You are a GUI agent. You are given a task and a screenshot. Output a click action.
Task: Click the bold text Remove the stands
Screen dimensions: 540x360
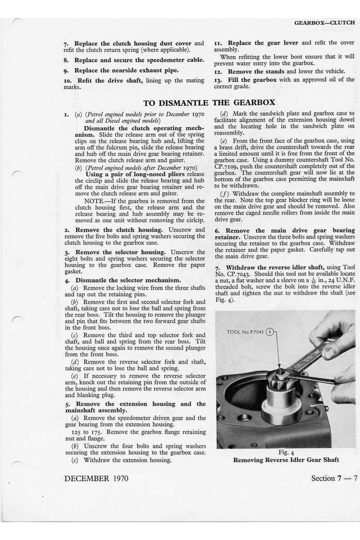click(256, 72)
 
